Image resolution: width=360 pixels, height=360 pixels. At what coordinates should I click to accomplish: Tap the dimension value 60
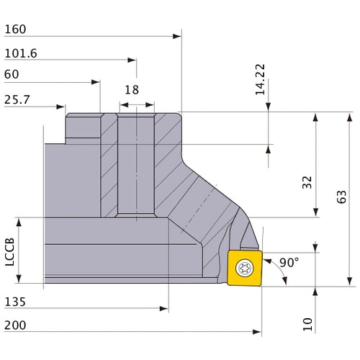pos(12,74)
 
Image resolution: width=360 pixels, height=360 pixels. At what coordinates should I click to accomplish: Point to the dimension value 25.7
pos(18,99)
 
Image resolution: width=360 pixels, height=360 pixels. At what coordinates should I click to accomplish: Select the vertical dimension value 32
pos(308,182)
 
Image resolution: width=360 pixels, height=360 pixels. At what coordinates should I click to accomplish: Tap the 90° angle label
pos(289,263)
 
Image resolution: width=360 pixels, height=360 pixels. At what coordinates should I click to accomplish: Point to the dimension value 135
pos(15,301)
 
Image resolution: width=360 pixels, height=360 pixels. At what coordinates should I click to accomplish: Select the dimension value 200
pos(17,325)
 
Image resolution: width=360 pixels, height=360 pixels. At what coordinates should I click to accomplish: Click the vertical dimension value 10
pos(308,324)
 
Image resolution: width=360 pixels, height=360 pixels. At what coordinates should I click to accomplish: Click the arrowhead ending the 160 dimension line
pos(177,36)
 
